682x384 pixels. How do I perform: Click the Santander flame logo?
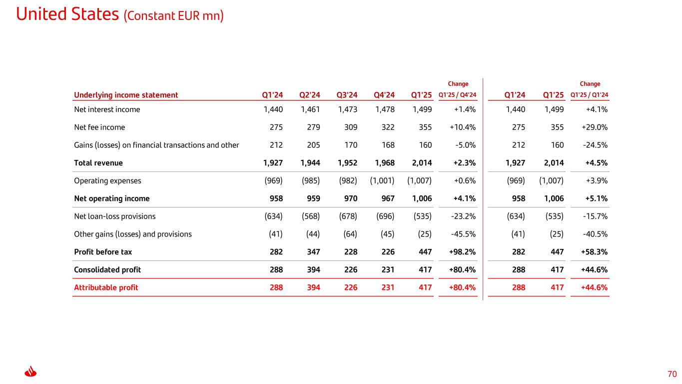[30, 371]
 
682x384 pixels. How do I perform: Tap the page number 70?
[672, 374]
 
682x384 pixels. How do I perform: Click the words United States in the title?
[67, 14]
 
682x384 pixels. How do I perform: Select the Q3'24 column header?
[347, 95]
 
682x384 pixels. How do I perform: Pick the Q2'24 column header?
[310, 95]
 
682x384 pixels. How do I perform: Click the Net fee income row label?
[99, 127]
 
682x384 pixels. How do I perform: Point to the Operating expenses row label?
[107, 180]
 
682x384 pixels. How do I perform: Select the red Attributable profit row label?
[106, 287]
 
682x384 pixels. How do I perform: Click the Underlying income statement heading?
[126, 95]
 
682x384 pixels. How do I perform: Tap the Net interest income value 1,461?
[310, 109]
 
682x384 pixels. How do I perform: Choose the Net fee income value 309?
[351, 127]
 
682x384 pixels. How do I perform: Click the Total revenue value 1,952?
[347, 162]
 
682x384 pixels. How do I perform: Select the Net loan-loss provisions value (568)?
[311, 216]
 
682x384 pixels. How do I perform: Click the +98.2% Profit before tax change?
[462, 251]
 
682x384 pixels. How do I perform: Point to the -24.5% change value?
[595, 145]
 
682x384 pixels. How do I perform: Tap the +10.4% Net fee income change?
[463, 127]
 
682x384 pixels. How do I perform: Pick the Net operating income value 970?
[351, 198]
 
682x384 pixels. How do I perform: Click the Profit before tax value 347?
[314, 251]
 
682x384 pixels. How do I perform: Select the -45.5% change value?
[463, 234]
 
